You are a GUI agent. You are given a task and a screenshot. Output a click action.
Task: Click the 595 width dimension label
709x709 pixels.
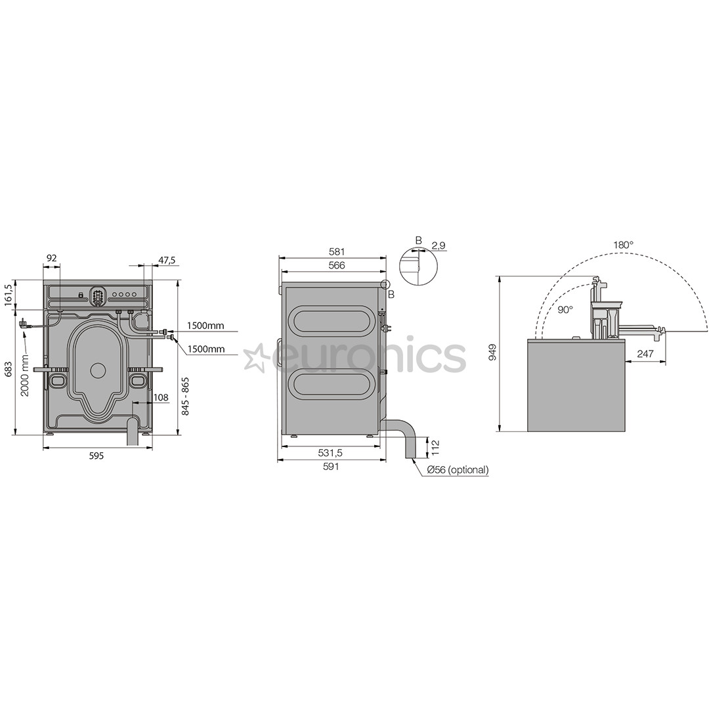click(97, 456)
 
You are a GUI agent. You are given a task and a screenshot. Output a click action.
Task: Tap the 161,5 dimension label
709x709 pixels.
click(8, 295)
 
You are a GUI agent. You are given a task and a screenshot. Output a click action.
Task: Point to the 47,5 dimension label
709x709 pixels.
click(167, 261)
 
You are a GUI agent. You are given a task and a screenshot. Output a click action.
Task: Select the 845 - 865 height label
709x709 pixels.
click(186, 395)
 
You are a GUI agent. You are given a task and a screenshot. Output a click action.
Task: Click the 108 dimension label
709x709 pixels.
click(161, 397)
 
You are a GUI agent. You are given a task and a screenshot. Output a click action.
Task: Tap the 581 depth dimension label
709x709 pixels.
click(336, 251)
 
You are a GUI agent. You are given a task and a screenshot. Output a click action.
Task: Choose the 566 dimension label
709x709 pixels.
click(336, 265)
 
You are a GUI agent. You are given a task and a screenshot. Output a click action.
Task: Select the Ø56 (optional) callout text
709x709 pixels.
click(458, 470)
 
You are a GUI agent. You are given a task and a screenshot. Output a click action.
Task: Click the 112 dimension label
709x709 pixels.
click(435, 447)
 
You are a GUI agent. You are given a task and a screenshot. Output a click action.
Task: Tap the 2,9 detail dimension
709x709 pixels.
click(439, 246)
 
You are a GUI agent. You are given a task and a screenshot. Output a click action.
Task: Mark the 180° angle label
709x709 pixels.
click(624, 245)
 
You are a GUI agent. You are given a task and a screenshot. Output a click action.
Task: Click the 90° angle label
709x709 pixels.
click(565, 309)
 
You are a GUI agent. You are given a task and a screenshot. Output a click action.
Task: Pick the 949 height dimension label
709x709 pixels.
click(493, 353)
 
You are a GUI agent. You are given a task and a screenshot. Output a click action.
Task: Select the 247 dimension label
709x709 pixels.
click(645, 354)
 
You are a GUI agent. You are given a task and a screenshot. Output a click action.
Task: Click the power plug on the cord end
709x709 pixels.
click(24, 323)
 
